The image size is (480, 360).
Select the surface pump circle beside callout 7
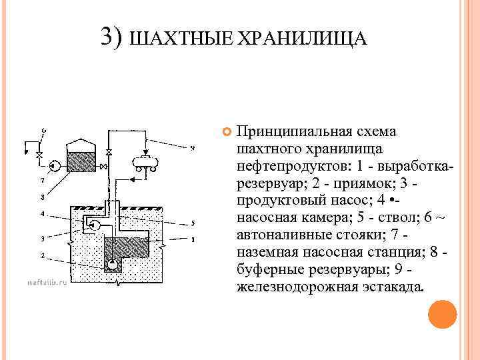(x=55, y=163)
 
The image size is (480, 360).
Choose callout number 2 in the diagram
(x=42, y=255)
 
